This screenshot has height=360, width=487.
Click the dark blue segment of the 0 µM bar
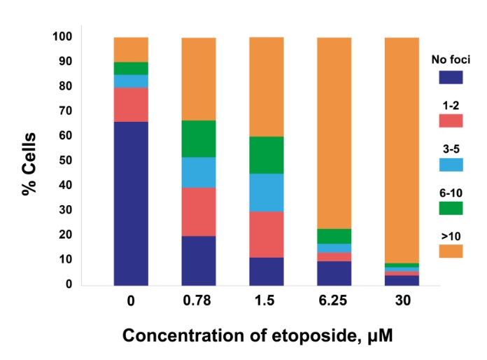131,203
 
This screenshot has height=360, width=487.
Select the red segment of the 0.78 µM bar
199,212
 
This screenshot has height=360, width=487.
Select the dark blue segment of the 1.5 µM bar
267,271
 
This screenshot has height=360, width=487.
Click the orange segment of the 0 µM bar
131,50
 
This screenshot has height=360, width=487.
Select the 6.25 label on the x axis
334,303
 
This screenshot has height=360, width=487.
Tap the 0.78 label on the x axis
199,303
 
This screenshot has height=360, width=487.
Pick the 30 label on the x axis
402,303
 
